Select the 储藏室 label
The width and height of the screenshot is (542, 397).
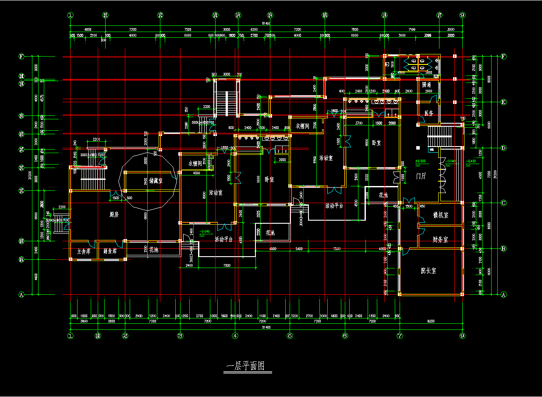152,181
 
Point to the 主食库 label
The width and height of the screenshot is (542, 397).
83,252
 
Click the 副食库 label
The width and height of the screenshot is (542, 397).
110,252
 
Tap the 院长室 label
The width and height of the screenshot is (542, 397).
428,271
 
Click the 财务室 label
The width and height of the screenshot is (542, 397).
440,240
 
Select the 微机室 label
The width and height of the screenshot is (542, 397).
440,215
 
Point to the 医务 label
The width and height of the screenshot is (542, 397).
429,113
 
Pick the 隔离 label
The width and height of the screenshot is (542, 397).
426,84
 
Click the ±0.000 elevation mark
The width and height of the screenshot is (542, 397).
421,161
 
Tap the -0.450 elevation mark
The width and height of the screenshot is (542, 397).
471,161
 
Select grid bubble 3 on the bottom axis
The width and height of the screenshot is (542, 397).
180,336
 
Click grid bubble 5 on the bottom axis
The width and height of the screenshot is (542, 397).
289,336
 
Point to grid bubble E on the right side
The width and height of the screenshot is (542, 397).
503,102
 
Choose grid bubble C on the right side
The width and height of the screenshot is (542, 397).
503,203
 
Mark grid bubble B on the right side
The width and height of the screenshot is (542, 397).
503,249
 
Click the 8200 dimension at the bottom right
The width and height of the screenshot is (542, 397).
432,322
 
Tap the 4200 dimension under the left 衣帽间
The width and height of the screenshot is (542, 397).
196,173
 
